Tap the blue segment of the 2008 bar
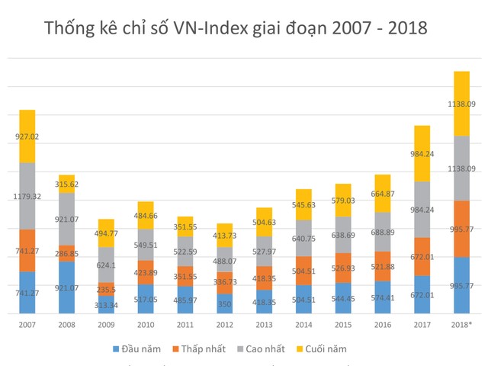pyautogui.click(x=67, y=287)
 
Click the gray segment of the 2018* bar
pyautogui.click(x=462, y=168)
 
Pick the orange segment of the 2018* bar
pyautogui.click(x=462, y=229)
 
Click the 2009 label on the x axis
pyautogui.click(x=107, y=324)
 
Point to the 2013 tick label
pyautogui.click(x=265, y=324)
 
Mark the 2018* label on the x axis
pyautogui.click(x=462, y=324)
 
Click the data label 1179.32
pyautogui.click(x=27, y=196)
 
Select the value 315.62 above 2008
pyautogui.click(x=67, y=184)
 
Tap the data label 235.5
pyautogui.click(x=107, y=289)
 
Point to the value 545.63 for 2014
pyautogui.click(x=304, y=204)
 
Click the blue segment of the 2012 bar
pyautogui.click(x=225, y=303)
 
